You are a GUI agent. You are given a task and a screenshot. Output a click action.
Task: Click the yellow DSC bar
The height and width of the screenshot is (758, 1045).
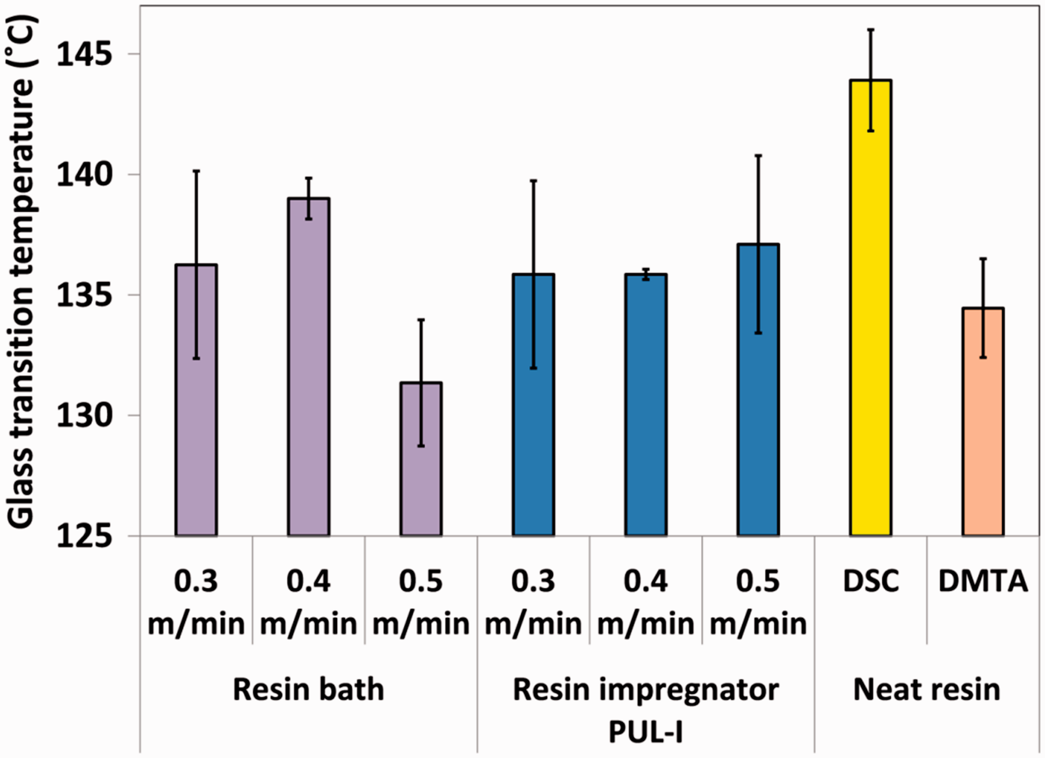pyautogui.click(x=871, y=307)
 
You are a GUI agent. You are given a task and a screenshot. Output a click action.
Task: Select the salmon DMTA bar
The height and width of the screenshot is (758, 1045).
pyautogui.click(x=983, y=422)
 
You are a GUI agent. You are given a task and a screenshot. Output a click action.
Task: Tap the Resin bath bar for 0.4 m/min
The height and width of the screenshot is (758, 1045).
pyautogui.click(x=309, y=367)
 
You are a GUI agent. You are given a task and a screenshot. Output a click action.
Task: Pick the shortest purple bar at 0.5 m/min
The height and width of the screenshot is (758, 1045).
pyautogui.click(x=421, y=459)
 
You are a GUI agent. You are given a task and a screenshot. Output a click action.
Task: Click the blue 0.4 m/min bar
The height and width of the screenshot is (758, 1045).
pyautogui.click(x=646, y=405)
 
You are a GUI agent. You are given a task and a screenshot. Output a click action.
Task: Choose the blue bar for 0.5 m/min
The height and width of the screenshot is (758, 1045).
pyautogui.click(x=758, y=390)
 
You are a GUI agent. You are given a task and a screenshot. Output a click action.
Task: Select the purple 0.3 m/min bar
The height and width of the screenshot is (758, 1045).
pyautogui.click(x=196, y=400)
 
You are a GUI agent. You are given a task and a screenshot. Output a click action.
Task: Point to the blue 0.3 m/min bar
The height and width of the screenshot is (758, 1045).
pyautogui.click(x=533, y=405)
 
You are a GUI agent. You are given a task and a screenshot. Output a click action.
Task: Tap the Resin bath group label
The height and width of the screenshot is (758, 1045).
pyautogui.click(x=309, y=689)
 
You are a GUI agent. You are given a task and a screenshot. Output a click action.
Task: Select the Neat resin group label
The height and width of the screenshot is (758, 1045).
pyautogui.click(x=927, y=689)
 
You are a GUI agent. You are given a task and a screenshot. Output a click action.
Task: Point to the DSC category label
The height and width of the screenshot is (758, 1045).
pyautogui.click(x=871, y=581)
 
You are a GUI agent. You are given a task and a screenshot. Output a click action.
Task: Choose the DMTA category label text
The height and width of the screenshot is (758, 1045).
pyautogui.click(x=983, y=581)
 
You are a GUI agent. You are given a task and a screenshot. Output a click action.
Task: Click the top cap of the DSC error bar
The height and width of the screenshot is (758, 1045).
pyautogui.click(x=871, y=29)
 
